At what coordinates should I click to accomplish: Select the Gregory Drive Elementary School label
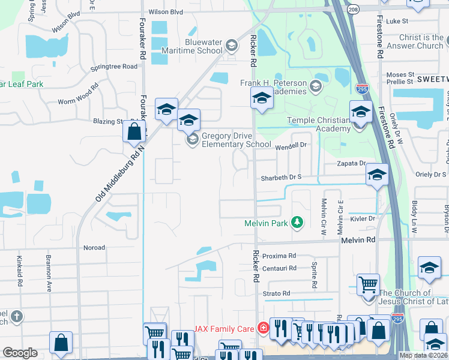236,140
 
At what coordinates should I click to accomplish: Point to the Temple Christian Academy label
318,124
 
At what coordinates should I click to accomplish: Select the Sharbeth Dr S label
281,178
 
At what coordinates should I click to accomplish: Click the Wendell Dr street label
291,145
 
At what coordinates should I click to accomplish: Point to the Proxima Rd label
280,256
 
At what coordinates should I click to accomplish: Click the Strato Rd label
277,293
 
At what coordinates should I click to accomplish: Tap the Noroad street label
94,247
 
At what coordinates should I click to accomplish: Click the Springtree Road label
113,67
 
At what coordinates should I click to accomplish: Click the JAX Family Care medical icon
262,328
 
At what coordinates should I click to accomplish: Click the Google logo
20,353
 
